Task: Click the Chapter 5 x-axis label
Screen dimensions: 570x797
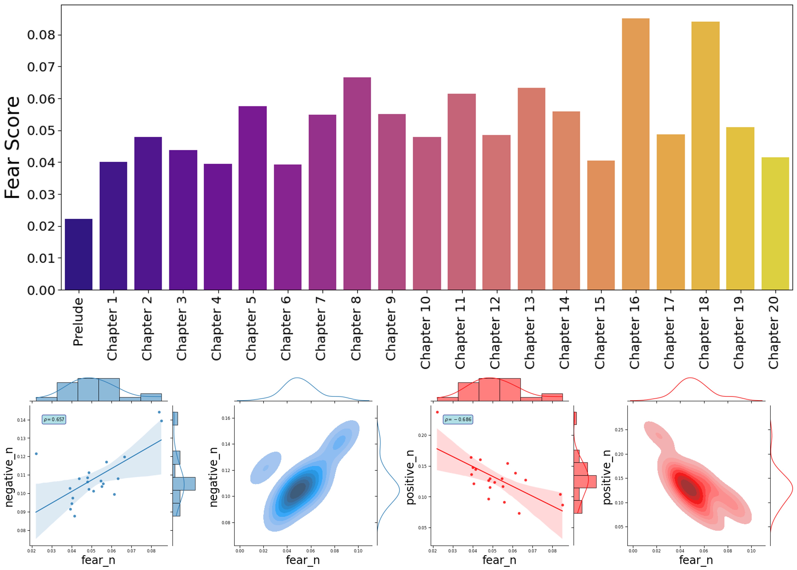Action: pos(251,328)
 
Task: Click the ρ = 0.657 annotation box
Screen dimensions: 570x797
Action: pos(54,419)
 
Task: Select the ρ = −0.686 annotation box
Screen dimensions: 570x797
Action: pos(458,419)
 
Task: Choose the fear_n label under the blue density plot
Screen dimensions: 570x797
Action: pos(303,560)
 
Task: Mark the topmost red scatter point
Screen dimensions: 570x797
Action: pos(437,412)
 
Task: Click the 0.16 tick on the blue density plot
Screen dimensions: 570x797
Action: pos(227,418)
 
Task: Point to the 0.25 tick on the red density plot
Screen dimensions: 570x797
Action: pos(619,430)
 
